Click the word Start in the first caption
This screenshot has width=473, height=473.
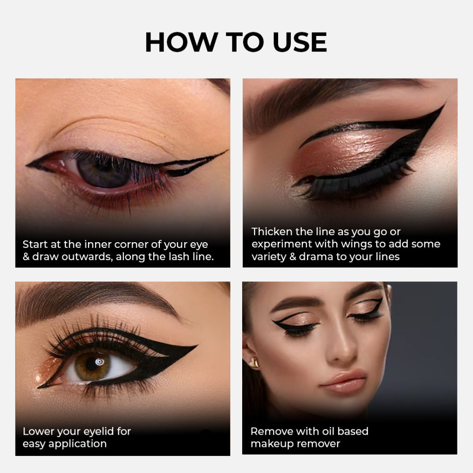(x=35, y=245)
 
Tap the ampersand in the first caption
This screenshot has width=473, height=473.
(x=26, y=257)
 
